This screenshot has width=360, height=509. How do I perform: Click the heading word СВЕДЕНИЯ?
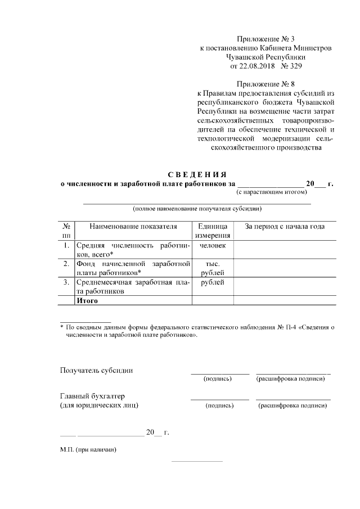tap(197, 173)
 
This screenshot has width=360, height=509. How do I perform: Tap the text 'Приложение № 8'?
tap(266, 84)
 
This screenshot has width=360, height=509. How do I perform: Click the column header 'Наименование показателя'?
tap(133, 227)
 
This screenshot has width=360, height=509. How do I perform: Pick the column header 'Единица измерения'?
tap(212, 231)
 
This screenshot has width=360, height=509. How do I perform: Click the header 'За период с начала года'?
tap(285, 227)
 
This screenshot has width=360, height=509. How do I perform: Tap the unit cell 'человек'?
tap(212, 246)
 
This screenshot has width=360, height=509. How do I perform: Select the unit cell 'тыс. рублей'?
tap(212, 268)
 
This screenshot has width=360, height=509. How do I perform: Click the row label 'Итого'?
tap(88, 301)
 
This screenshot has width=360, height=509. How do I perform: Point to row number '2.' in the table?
tap(66, 264)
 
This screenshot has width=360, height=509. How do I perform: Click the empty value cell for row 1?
tap(285, 250)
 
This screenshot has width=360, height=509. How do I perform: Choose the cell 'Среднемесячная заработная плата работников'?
tap(133, 287)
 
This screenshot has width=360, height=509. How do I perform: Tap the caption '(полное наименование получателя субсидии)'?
tap(197, 209)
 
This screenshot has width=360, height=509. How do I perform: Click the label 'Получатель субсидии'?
tap(97, 371)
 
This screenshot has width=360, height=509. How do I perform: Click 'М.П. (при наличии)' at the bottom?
tap(89, 450)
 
